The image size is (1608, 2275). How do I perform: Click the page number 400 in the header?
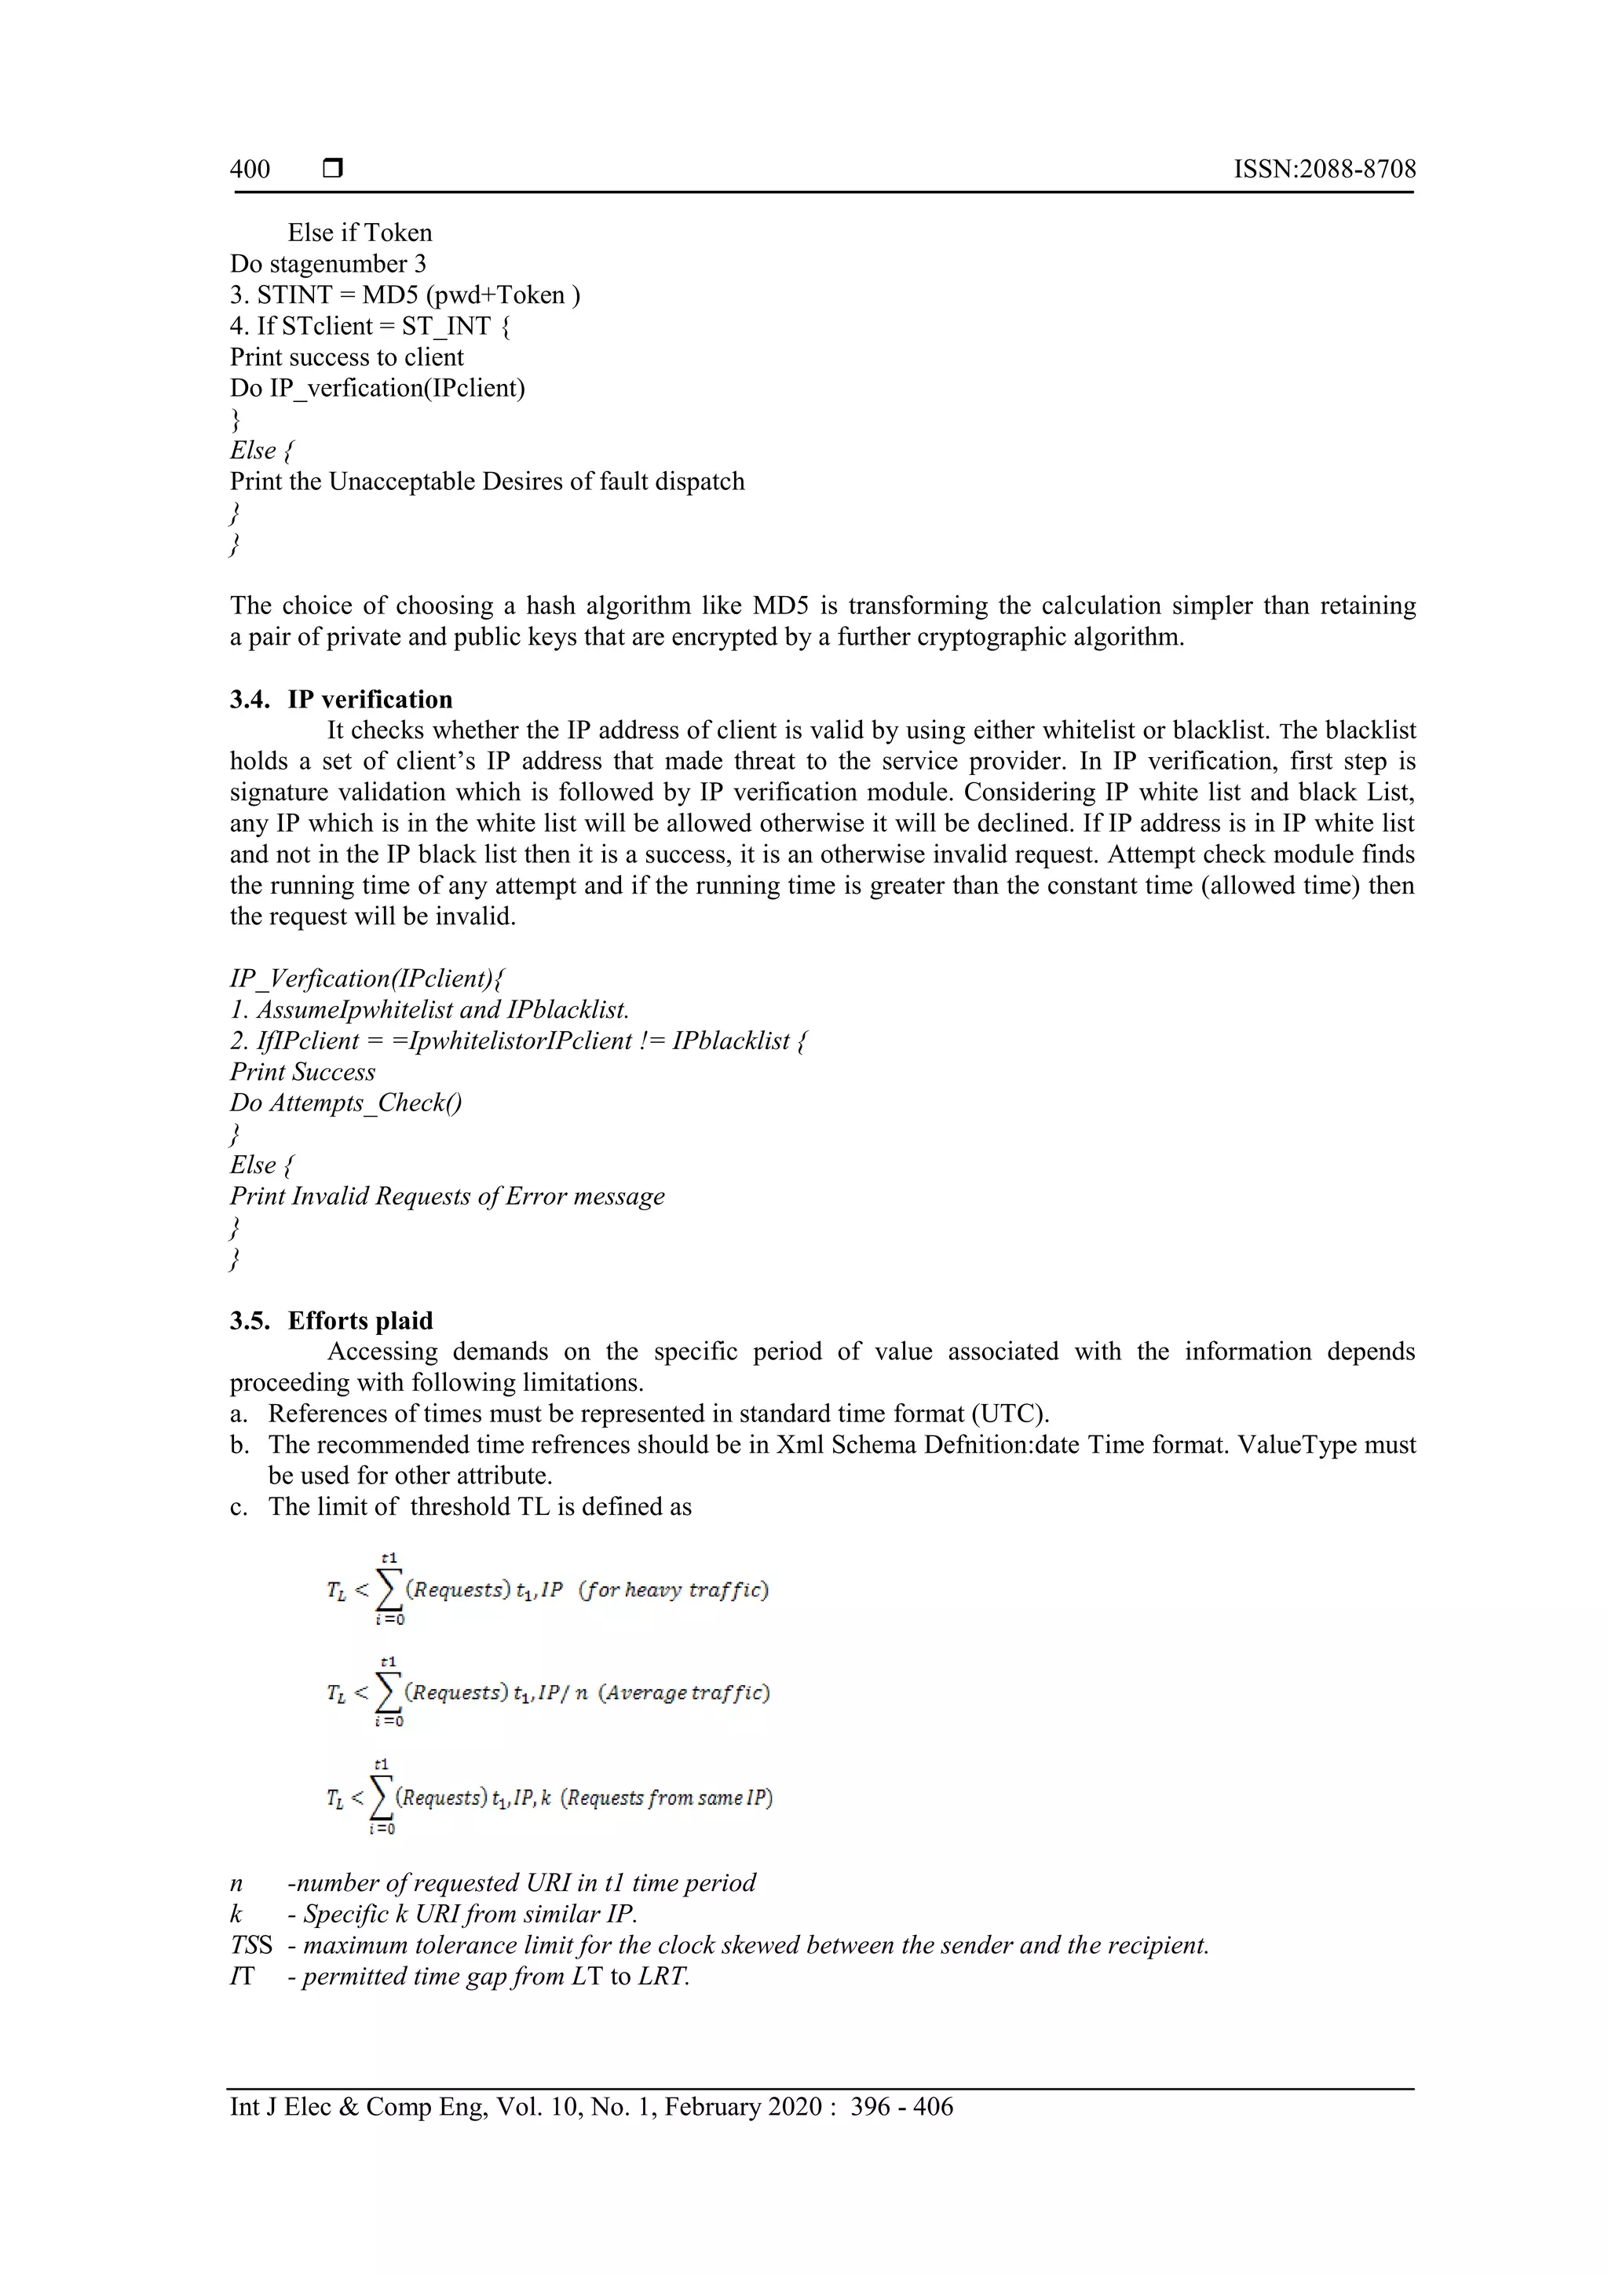250,170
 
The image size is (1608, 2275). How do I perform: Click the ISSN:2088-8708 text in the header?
1324,170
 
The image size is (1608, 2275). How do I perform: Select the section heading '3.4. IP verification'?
341,700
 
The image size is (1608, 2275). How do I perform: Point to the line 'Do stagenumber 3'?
328,265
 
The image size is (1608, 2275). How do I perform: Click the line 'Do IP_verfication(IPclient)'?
378,389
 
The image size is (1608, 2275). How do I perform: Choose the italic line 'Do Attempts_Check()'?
345,1103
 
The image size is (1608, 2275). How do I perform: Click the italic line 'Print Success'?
302,1072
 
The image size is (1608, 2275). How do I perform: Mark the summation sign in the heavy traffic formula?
389,1590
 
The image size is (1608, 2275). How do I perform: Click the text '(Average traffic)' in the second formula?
684,1692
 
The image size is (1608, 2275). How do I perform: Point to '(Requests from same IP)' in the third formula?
667,1798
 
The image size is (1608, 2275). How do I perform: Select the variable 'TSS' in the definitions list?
250,1945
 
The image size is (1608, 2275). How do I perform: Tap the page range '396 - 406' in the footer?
901,2107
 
